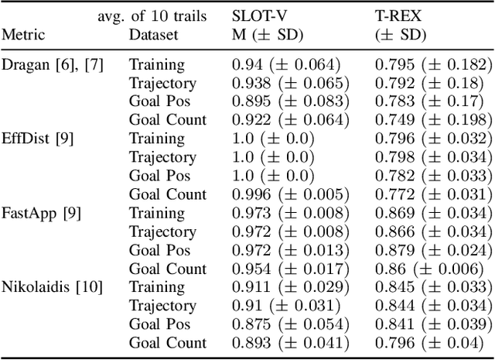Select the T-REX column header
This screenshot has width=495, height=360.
coord(400,15)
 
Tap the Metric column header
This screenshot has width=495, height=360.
coord(25,35)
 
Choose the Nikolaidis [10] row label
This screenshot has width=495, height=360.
coord(51,287)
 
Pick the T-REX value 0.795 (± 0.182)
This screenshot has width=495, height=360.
coord(432,64)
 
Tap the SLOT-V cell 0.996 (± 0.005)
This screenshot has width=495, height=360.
coord(290,194)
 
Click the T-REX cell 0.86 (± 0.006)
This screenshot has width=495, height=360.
coord(429,269)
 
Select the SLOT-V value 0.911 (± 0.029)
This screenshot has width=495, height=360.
coord(290,287)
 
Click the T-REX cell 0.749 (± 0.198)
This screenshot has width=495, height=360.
coord(432,120)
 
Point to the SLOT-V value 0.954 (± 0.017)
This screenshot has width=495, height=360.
coord(290,269)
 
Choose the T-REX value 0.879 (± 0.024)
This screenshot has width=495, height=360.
coord(432,250)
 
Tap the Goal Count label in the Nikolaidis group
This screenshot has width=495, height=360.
coord(168,343)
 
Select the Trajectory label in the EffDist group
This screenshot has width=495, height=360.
coord(162,157)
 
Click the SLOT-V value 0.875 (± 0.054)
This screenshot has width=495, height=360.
coord(290,324)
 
